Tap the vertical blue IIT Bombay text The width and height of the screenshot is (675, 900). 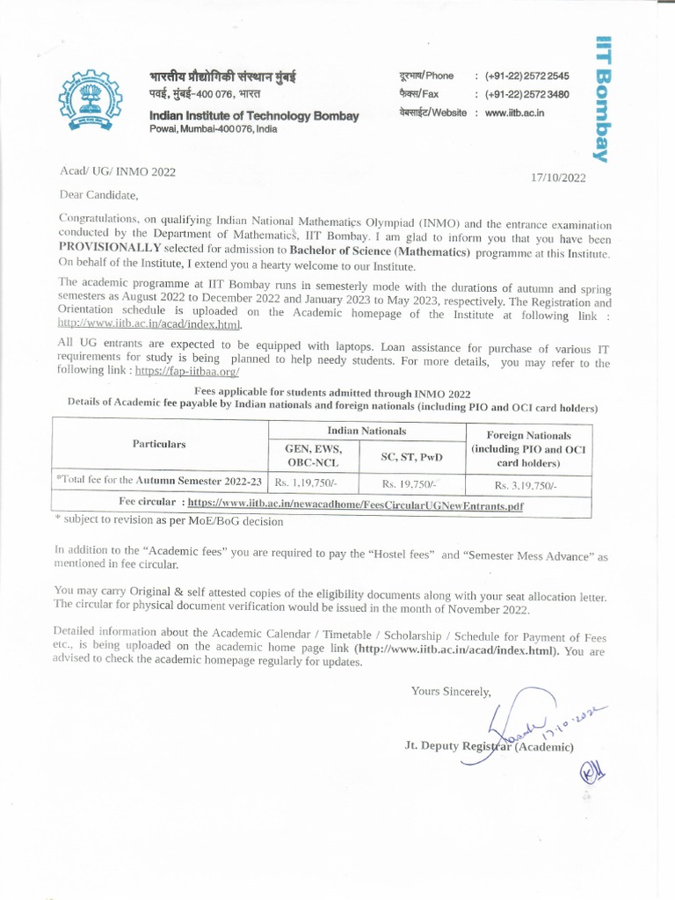click(602, 98)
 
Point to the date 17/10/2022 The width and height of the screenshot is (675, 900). click(558, 178)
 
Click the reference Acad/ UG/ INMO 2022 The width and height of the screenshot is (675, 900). click(117, 172)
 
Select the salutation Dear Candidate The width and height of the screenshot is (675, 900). click(98, 194)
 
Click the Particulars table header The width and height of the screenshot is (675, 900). click(159, 444)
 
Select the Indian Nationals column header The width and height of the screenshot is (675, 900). click(367, 431)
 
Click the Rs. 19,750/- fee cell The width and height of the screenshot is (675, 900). click(410, 483)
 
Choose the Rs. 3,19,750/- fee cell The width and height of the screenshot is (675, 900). click(525, 485)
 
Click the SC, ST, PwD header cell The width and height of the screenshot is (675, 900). click(411, 456)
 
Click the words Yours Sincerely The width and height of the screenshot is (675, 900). click(451, 692)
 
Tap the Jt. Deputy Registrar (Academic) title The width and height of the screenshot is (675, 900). click(489, 746)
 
